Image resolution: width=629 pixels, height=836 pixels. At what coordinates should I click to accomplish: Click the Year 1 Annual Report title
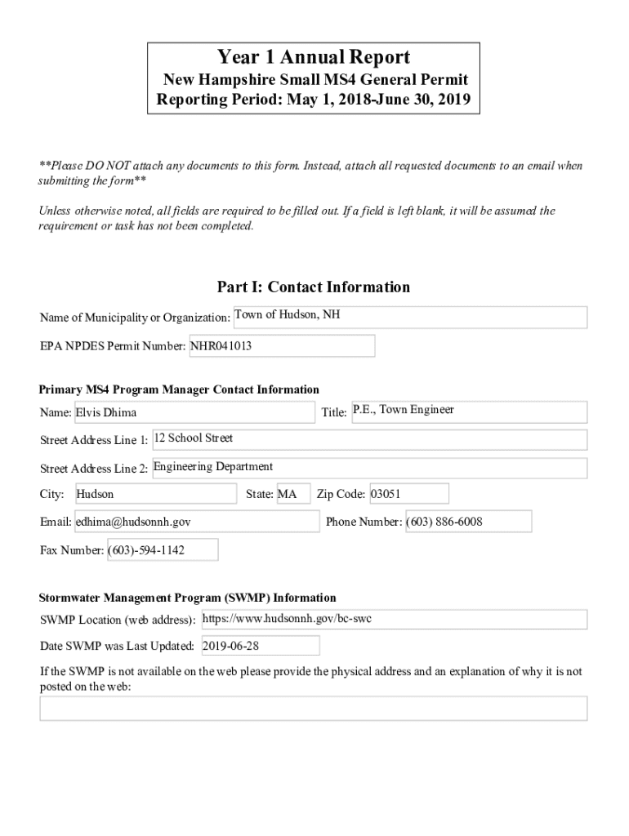point(314,58)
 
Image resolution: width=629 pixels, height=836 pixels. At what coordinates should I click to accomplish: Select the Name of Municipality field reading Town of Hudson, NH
point(409,317)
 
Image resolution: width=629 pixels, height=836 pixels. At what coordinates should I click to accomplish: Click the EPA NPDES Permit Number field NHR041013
point(282,346)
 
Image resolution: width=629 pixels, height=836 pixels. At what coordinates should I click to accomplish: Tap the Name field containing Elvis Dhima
point(194,412)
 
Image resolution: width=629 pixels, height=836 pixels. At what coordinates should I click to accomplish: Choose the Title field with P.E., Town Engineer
point(468,411)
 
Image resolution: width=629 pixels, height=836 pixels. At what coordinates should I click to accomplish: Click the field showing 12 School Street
point(369,439)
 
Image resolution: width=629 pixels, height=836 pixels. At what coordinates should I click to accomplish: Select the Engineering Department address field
point(368,468)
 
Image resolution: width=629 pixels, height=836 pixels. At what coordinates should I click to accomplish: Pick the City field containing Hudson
point(155,494)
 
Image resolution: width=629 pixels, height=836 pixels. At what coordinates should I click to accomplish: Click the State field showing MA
point(292,494)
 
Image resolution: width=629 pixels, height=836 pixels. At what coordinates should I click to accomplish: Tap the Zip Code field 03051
point(408,494)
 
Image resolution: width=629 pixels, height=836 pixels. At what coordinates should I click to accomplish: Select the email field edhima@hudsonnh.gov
point(196,522)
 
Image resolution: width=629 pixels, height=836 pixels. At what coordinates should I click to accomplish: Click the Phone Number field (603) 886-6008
point(467,522)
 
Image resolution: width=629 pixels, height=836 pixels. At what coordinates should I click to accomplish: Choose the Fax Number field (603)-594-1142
point(162,550)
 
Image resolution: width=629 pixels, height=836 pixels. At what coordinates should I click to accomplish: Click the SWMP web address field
point(393,620)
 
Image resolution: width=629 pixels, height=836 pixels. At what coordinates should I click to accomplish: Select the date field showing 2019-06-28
point(259,646)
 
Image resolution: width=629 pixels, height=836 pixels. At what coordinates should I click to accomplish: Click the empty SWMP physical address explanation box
point(313,708)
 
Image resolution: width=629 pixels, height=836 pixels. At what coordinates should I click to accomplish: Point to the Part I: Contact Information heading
point(314,287)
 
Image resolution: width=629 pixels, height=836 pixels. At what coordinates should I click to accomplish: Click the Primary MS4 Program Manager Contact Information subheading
point(180,389)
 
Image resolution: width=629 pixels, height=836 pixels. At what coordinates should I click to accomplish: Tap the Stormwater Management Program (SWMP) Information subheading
point(188,598)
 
